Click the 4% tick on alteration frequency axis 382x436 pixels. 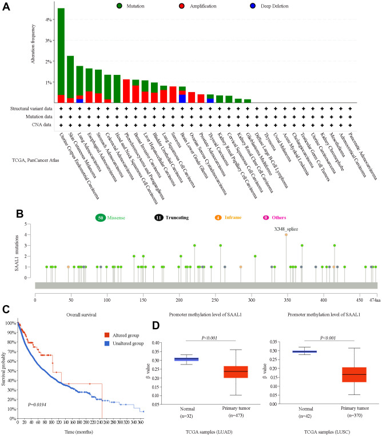click(49, 20)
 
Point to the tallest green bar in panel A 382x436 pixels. click(61, 51)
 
